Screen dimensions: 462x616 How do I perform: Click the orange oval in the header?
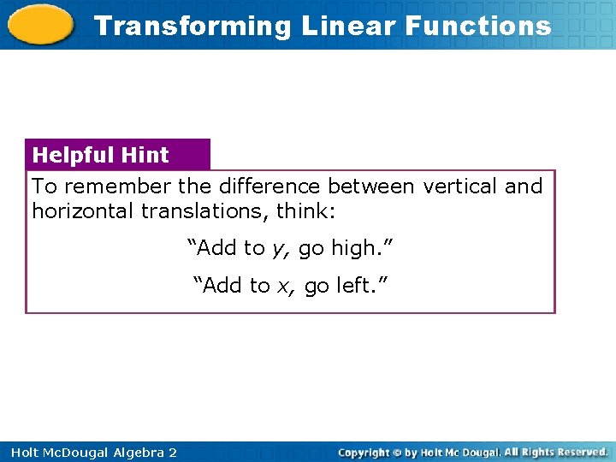(40, 25)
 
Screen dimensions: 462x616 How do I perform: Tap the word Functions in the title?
(478, 26)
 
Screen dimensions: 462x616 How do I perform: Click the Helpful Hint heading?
(100, 155)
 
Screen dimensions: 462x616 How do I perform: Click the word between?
(370, 187)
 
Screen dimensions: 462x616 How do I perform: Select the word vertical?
(459, 187)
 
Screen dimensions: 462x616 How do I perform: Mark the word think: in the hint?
(305, 210)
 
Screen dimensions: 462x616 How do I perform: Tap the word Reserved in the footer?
(579, 451)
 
